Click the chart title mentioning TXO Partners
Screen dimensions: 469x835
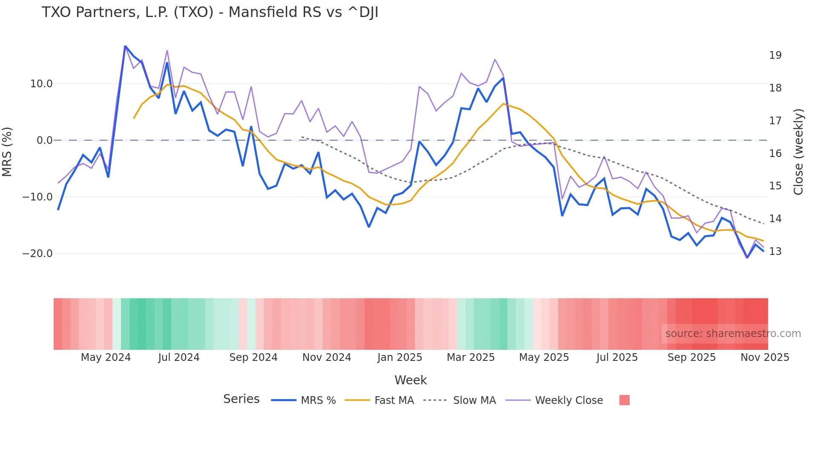pyautogui.click(x=210, y=12)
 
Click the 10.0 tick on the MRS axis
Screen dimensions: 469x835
pyautogui.click(x=41, y=84)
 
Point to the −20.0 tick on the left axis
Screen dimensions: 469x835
pyautogui.click(x=37, y=254)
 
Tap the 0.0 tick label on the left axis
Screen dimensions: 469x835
pyautogui.click(x=44, y=140)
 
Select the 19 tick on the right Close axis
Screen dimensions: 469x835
pyautogui.click(x=775, y=55)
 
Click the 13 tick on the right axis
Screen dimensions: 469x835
pyautogui.click(x=775, y=252)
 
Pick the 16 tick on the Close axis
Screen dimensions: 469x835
pyautogui.click(x=775, y=154)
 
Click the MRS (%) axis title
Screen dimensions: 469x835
pyautogui.click(x=7, y=152)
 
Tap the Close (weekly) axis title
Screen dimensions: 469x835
pyautogui.click(x=798, y=152)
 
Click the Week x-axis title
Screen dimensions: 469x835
pyautogui.click(x=410, y=380)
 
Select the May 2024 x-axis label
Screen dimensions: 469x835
pyautogui.click(x=106, y=357)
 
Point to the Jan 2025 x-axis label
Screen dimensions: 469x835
pyautogui.click(x=399, y=357)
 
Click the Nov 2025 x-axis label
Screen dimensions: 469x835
pyautogui.click(x=765, y=357)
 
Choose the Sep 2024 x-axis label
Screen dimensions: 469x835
pyautogui.click(x=253, y=357)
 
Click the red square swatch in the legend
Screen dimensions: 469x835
pyautogui.click(x=624, y=400)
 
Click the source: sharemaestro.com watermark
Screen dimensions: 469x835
pyautogui.click(x=733, y=334)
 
